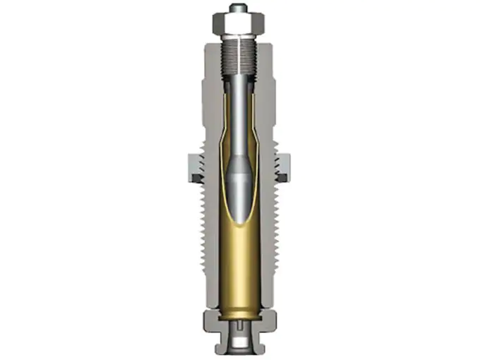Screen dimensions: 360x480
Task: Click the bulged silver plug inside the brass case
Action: coord(239,180)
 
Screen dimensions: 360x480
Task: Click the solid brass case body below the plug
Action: coord(239,268)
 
